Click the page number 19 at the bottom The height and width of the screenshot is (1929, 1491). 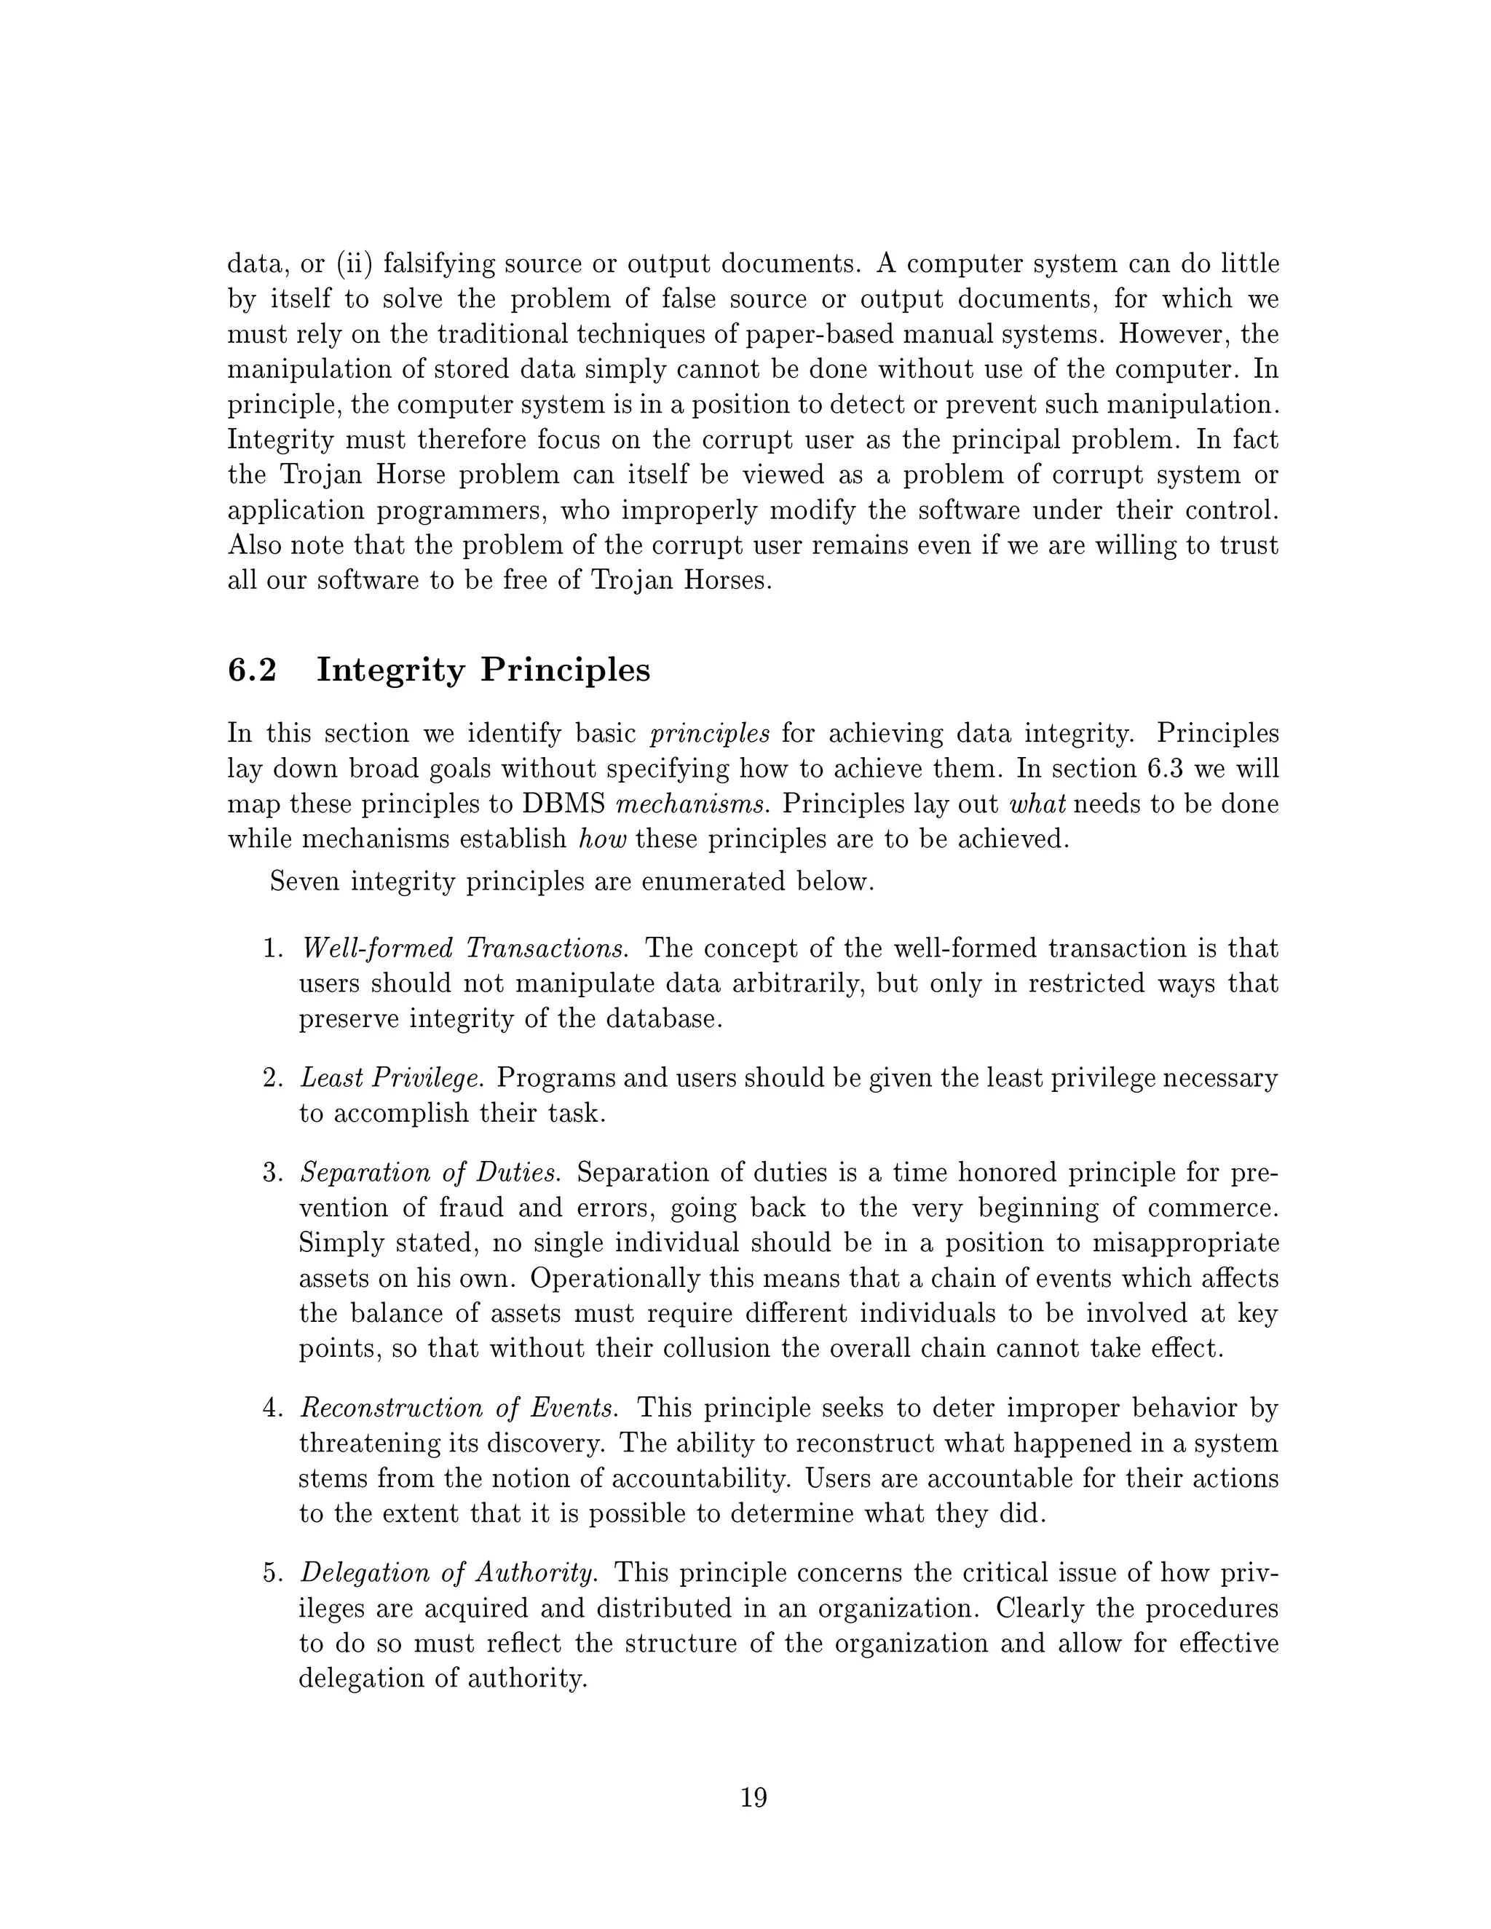754,1797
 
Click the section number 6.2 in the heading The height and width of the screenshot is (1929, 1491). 252,670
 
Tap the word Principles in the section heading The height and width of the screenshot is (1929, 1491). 565,670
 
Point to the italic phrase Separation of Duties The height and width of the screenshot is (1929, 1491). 430,1173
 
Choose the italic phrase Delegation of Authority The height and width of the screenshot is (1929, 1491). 448,1573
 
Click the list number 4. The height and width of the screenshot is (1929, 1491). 272,1408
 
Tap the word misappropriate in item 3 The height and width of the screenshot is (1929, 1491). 1185,1243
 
